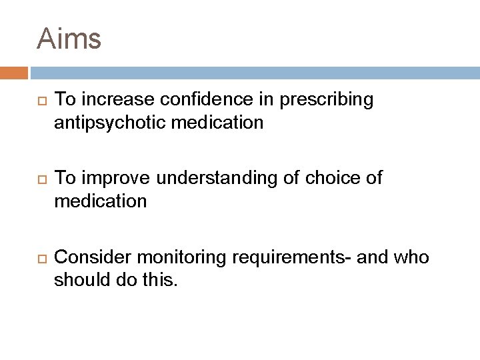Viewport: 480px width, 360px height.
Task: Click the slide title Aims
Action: point(69,39)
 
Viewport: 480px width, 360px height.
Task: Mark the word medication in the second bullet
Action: point(100,201)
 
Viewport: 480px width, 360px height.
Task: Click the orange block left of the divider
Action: point(13,73)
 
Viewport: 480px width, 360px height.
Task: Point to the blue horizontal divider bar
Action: point(253,73)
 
